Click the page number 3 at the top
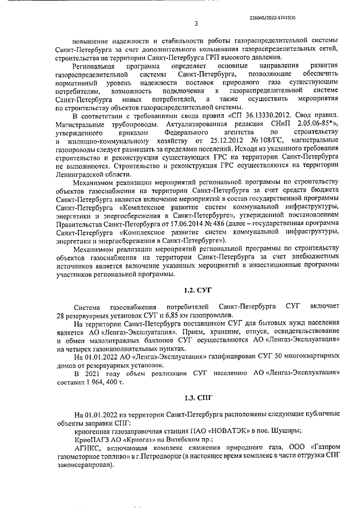point(196,23)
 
